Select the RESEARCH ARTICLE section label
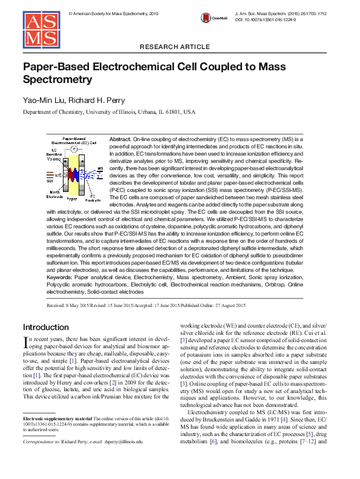click(x=179, y=47)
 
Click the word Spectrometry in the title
click(x=57, y=79)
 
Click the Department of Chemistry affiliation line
click(x=109, y=112)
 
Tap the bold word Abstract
click(x=120, y=139)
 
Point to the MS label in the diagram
click(x=100, y=168)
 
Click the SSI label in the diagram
click(x=50, y=180)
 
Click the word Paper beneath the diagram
click(x=72, y=198)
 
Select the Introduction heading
click(x=46, y=327)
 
